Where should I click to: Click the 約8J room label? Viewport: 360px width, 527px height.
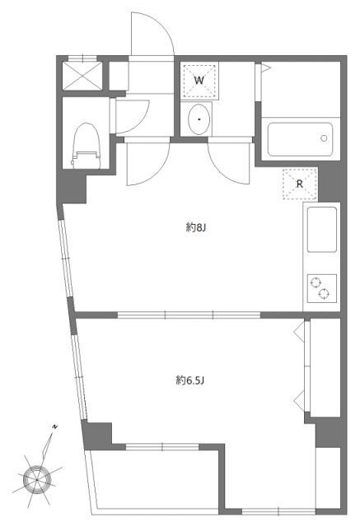pyautogui.click(x=194, y=228)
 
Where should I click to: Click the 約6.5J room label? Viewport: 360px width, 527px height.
pyautogui.click(x=189, y=380)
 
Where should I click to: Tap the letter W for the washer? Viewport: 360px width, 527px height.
pyautogui.click(x=199, y=80)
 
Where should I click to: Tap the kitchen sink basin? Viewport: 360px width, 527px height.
pyautogui.click(x=321, y=229)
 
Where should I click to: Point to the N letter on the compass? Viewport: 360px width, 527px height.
pyautogui.click(x=54, y=427)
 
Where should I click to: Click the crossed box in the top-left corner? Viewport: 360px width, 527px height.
pyautogui.click(x=81, y=76)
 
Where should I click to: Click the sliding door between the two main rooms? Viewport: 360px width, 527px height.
pyautogui.click(x=189, y=314)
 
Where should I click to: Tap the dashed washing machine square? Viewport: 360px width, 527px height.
pyautogui.click(x=199, y=81)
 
